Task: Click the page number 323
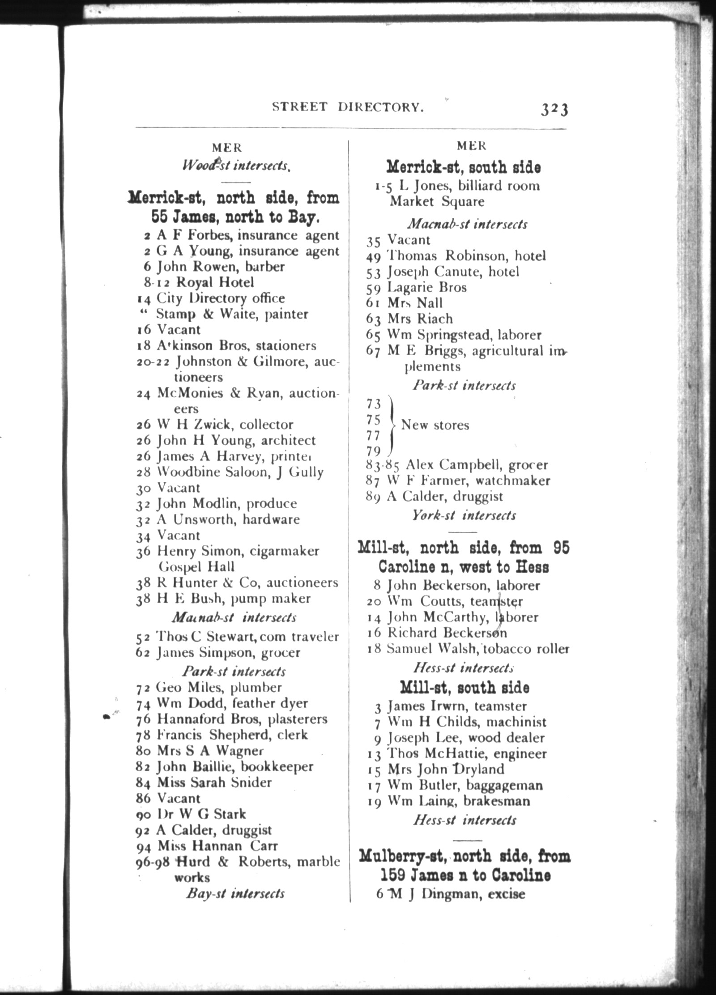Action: [x=554, y=109]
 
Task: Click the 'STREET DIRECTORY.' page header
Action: [x=348, y=107]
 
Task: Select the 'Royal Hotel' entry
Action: [x=215, y=282]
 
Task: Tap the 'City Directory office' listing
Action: [x=220, y=298]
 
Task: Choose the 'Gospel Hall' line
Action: [x=197, y=567]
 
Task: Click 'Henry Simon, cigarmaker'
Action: [x=238, y=551]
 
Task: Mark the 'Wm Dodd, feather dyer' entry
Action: [x=232, y=703]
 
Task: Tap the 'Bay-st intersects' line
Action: [x=235, y=893]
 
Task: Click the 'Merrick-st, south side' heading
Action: [x=463, y=167]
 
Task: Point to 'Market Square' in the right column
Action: [x=437, y=201]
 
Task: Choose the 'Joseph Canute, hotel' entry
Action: [x=453, y=272]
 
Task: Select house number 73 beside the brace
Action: [x=373, y=404]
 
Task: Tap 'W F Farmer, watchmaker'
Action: [x=469, y=480]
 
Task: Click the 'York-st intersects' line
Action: [x=464, y=515]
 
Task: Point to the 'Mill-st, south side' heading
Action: [x=464, y=687]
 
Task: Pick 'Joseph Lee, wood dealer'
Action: [x=466, y=738]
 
